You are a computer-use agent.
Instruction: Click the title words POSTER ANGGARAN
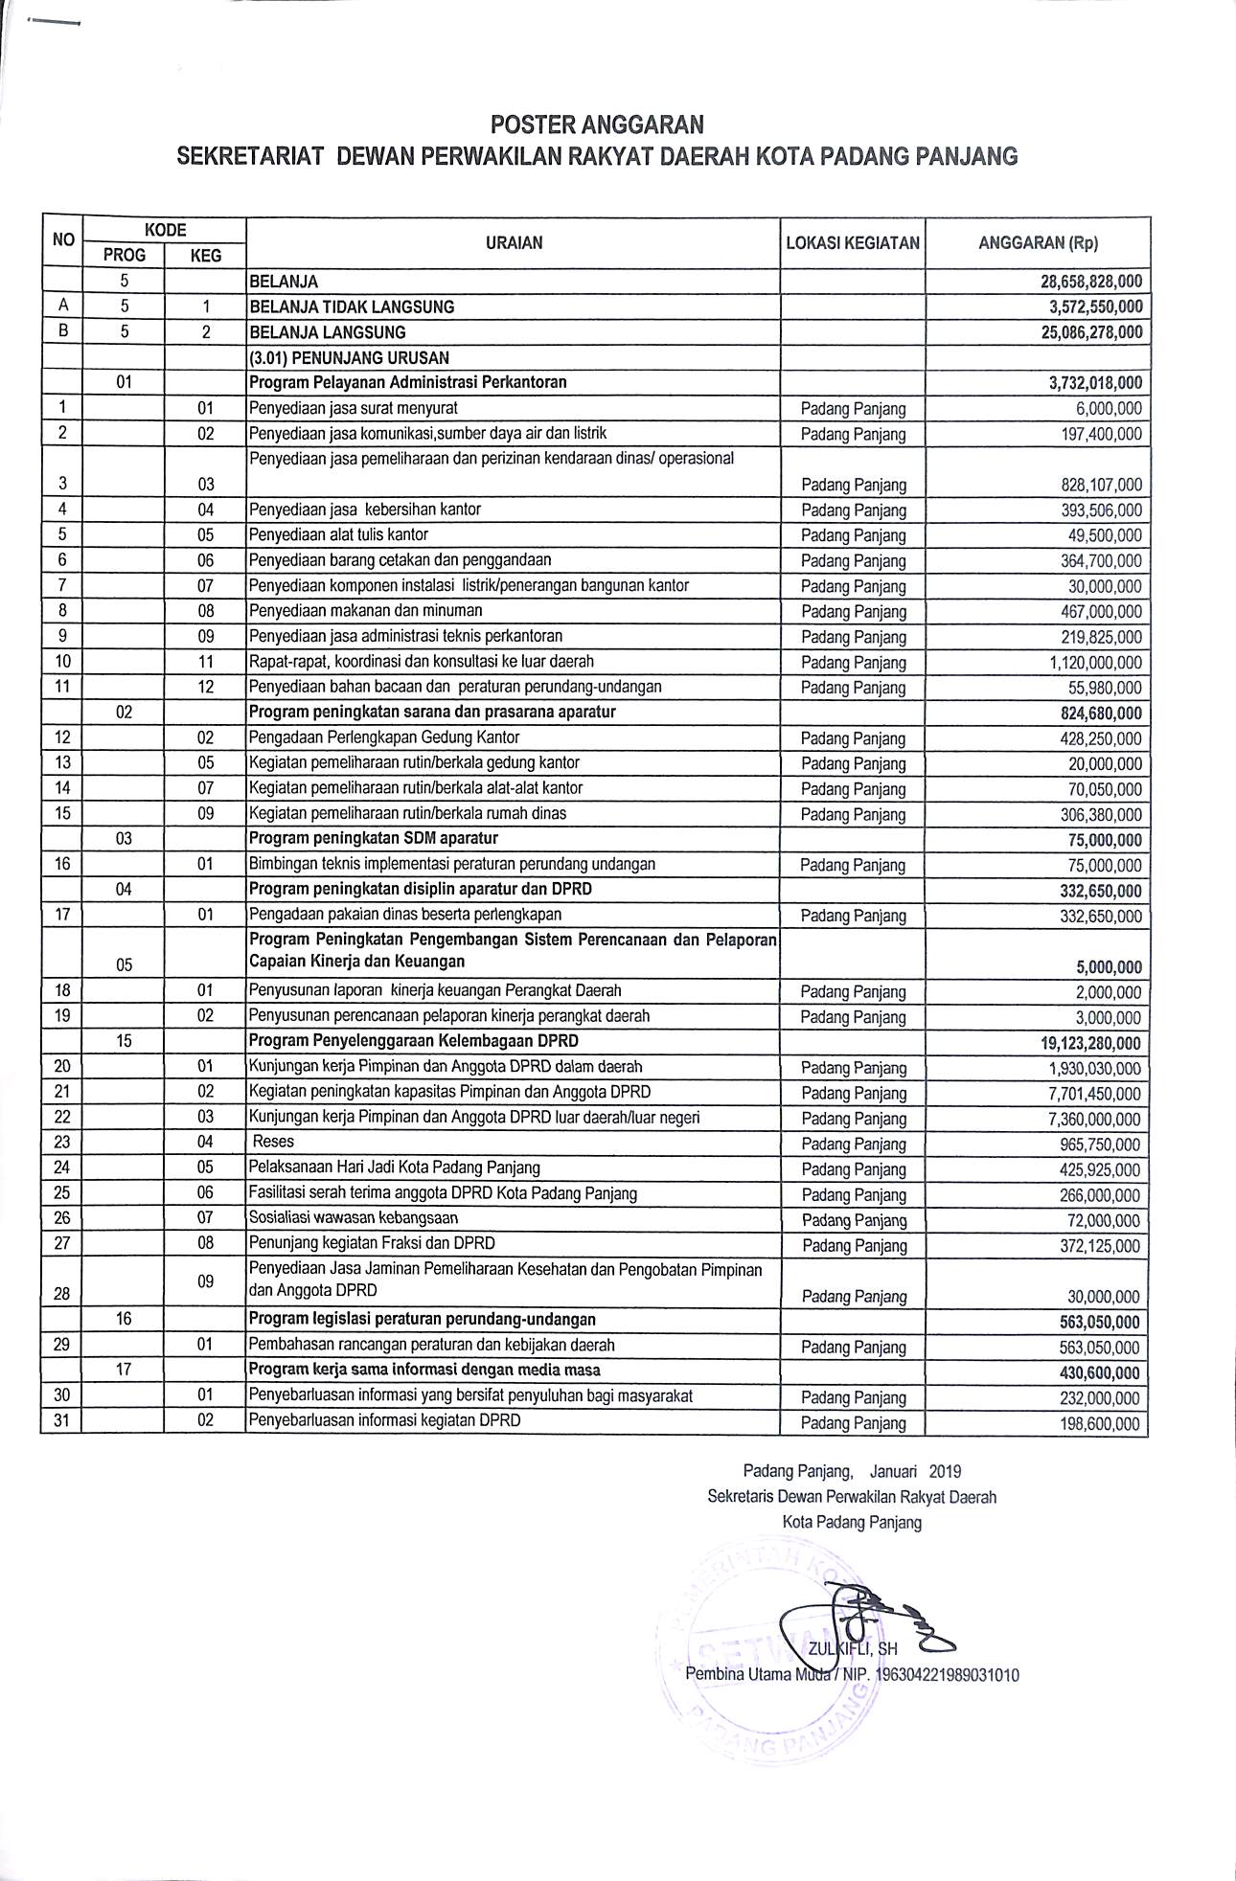(x=597, y=125)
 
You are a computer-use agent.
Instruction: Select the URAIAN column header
(x=514, y=243)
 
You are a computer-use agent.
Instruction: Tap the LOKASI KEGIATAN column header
(x=853, y=243)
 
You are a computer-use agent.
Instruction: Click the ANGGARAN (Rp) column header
(x=1038, y=243)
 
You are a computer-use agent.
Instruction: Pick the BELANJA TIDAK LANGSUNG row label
(x=352, y=307)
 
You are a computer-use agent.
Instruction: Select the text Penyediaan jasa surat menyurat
(x=354, y=408)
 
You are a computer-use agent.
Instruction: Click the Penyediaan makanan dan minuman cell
(x=366, y=611)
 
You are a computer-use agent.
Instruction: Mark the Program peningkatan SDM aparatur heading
(x=374, y=839)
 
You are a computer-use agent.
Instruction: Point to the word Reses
(x=274, y=1142)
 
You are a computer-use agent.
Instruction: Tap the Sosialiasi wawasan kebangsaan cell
(x=354, y=1218)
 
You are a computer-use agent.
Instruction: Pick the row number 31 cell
(x=61, y=1421)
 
